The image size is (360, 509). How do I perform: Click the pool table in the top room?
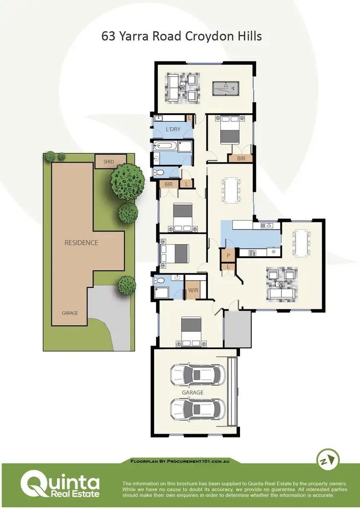click(x=226, y=88)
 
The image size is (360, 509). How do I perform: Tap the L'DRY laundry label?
click(x=173, y=130)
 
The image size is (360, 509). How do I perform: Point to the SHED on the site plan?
click(x=109, y=162)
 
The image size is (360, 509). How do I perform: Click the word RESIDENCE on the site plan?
click(x=81, y=243)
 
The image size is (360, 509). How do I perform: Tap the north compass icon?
click(x=328, y=460)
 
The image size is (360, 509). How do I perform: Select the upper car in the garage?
click(x=197, y=375)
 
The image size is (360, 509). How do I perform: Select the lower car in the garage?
click(x=197, y=409)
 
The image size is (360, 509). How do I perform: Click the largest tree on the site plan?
click(x=127, y=181)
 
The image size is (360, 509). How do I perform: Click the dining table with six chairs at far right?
click(x=302, y=243)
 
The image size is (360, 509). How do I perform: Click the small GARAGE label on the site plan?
click(x=70, y=313)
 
